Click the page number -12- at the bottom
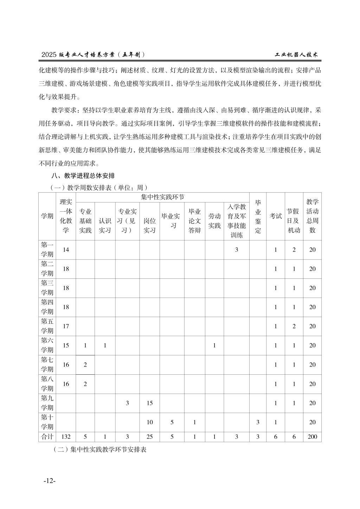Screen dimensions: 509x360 pos(50,481)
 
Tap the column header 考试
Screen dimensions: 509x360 pos(275,216)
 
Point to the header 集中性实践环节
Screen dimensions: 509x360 pos(162,197)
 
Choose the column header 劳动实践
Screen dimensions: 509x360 pos(214,221)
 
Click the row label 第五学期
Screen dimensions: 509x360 pos(47,326)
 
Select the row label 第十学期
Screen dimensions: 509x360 pos(47,422)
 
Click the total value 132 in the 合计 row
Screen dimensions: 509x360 pos(66,437)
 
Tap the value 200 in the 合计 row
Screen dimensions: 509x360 pos(312,437)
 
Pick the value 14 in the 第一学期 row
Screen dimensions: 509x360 pos(66,250)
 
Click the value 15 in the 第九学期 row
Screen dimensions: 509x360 pos(149,403)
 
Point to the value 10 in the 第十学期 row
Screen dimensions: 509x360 pos(149,422)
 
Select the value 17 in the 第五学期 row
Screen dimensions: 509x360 pos(66,326)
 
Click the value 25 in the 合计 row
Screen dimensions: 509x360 pos(149,437)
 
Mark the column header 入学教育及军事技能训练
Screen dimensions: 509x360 pos(237,221)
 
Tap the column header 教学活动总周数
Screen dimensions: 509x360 pos(312,216)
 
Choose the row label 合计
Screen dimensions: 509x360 pos(47,437)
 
